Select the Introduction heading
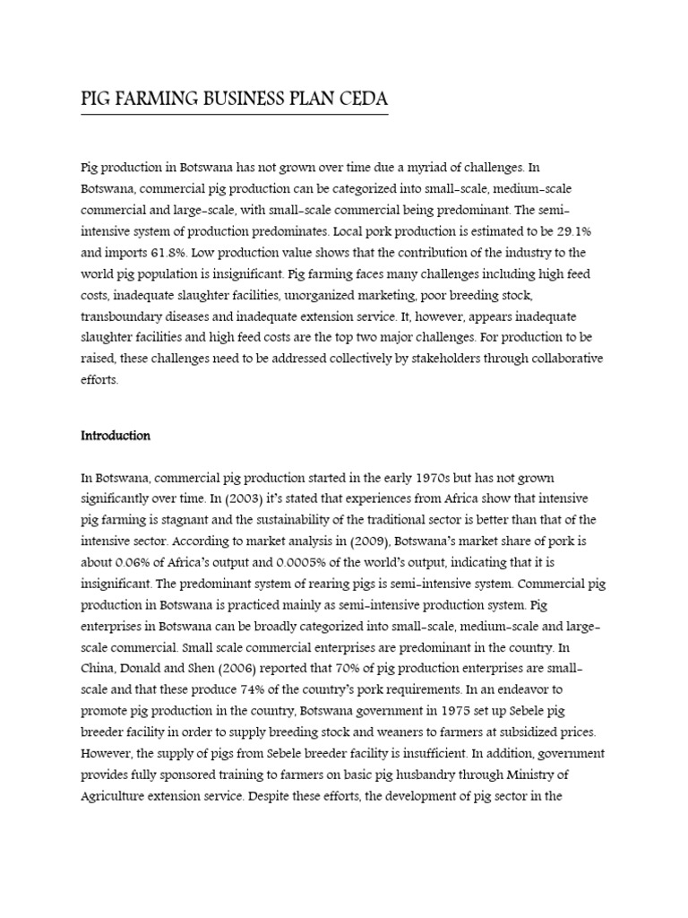[116, 437]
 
